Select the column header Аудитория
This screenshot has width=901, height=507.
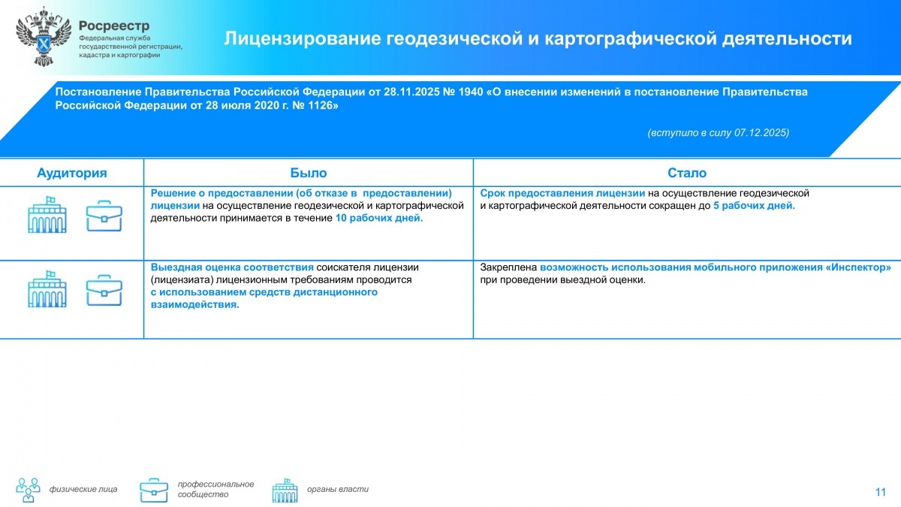(x=72, y=173)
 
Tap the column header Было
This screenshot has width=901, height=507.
(x=309, y=173)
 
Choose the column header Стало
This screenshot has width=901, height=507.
(x=687, y=173)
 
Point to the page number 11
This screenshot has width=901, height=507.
(x=881, y=492)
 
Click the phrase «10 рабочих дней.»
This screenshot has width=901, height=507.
(x=379, y=218)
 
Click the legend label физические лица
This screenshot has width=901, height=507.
(x=83, y=490)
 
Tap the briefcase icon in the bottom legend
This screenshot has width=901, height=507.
(x=154, y=490)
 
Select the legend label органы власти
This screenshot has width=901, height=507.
(x=338, y=490)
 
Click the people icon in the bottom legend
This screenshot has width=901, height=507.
(x=29, y=490)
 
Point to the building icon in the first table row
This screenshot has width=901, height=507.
(x=47, y=215)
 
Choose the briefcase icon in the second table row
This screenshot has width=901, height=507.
(x=104, y=290)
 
